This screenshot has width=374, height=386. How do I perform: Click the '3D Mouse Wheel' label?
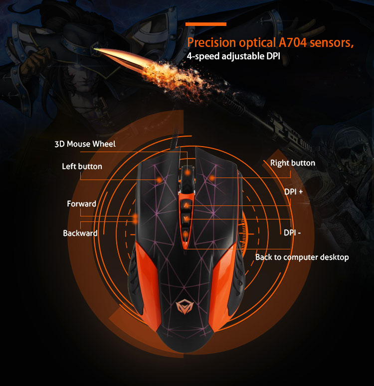[85, 144]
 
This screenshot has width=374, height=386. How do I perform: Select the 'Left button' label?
[82, 167]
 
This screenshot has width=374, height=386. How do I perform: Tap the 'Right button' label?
[293, 163]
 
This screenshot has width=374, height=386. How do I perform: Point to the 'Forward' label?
[81, 204]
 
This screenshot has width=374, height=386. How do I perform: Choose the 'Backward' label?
[80, 233]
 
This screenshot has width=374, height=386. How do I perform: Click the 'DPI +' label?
[294, 192]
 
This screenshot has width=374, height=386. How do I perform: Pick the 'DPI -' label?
[292, 232]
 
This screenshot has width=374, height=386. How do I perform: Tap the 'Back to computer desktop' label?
[302, 257]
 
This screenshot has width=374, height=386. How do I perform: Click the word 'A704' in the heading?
[293, 42]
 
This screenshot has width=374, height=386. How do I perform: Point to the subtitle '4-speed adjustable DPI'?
[233, 56]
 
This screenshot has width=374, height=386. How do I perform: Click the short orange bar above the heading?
[206, 24]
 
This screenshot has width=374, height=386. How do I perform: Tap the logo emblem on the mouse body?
[185, 306]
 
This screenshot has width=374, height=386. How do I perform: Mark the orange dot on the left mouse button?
[159, 180]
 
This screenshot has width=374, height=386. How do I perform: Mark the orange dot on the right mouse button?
[212, 178]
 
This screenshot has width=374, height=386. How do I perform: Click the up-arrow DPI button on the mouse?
[186, 205]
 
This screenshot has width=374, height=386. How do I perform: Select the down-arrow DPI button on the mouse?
[186, 218]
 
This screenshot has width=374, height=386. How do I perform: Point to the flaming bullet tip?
[97, 50]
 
